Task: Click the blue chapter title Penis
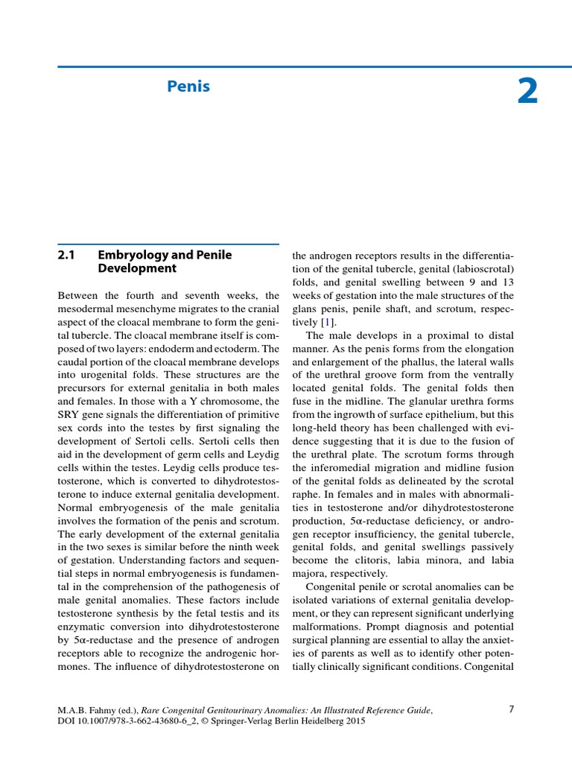[x=188, y=87]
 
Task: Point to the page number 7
[x=511, y=709]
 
